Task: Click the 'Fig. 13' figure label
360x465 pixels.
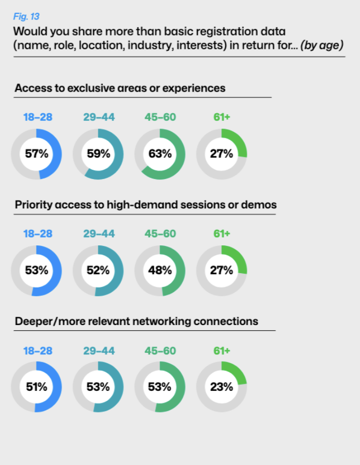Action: (26, 16)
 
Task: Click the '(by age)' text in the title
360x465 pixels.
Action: (322, 46)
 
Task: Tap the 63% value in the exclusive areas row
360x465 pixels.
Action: (159, 153)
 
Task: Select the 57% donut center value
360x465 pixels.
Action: (36, 153)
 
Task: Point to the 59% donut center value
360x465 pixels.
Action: (98, 153)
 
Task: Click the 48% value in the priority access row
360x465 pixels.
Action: (159, 270)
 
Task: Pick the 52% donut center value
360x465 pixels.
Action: (98, 270)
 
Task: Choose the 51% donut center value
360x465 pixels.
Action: (36, 387)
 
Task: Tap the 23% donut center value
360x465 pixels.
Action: (221, 387)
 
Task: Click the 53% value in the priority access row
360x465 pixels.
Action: (36, 270)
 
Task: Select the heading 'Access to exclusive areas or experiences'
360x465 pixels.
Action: (120, 88)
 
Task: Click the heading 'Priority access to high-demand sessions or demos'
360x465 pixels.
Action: (146, 205)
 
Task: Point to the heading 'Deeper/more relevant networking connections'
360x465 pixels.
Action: (136, 321)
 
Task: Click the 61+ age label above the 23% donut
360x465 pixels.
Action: (222, 351)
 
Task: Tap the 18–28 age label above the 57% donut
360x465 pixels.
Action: (38, 117)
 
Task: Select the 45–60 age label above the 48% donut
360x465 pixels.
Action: (160, 234)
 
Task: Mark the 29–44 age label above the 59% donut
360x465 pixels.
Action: (99, 117)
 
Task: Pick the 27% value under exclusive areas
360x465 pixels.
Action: (221, 153)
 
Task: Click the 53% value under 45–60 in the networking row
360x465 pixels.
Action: (159, 387)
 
